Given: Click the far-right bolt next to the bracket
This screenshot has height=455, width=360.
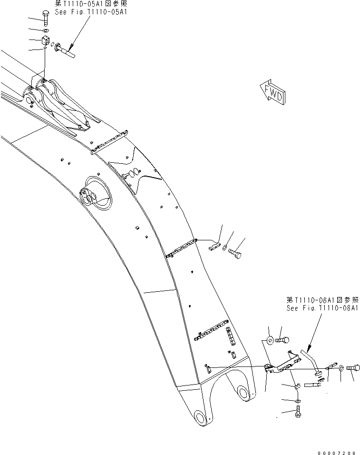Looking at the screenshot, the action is [x=352, y=368].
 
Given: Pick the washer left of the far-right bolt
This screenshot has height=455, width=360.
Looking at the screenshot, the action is [x=342, y=368].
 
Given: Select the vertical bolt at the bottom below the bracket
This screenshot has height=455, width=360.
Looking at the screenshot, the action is [x=298, y=415].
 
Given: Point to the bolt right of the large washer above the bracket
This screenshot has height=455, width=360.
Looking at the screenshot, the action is [x=282, y=340].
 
